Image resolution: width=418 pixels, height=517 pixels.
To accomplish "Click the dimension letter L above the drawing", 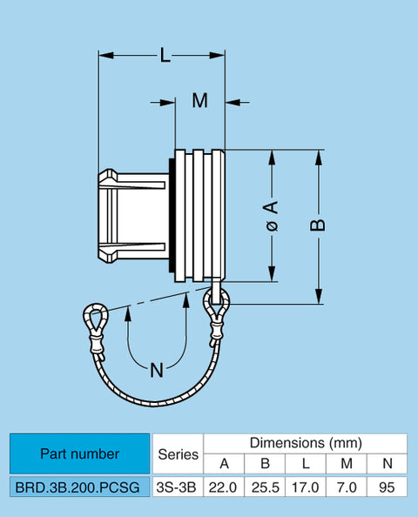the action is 165,55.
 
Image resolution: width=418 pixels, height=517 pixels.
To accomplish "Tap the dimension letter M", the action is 200,101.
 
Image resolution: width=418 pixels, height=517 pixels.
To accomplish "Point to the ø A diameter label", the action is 273,216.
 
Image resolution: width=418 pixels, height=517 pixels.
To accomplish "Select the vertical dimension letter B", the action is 318,225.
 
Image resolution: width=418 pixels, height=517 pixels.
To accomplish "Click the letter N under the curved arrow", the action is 157,370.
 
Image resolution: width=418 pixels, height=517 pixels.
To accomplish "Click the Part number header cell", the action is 79,453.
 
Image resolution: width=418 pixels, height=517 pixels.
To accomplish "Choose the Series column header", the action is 179,454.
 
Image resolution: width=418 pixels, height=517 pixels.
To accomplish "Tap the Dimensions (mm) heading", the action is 306,443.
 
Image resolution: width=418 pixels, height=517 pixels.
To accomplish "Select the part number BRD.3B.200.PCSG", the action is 78,487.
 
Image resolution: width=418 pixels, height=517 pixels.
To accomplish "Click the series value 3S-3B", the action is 176,487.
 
